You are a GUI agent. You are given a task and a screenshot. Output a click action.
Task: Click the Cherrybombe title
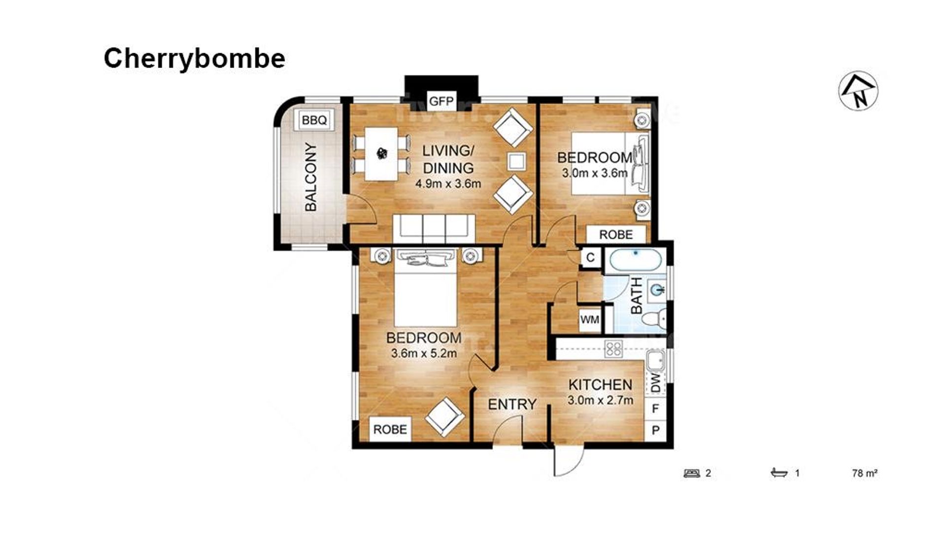(x=194, y=59)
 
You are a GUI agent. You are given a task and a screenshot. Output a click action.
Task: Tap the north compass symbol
(x=858, y=91)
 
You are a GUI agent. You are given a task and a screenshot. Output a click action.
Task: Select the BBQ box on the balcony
(x=314, y=120)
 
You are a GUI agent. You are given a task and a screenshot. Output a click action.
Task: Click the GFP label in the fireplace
(x=441, y=102)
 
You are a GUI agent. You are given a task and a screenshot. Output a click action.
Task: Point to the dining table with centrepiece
(x=381, y=154)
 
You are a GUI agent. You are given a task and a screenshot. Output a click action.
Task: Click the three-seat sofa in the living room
(x=434, y=228)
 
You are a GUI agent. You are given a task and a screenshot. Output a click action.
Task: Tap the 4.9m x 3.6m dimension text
(x=448, y=184)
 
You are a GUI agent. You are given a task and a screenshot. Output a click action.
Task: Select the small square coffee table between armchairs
(x=516, y=161)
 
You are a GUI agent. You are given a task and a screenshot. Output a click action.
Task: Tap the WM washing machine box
(x=590, y=319)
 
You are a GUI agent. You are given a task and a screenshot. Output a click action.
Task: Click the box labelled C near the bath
(x=590, y=257)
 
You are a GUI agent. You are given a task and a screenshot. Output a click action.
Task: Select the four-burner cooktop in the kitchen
(x=613, y=349)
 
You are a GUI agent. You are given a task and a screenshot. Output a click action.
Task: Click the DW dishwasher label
(x=655, y=382)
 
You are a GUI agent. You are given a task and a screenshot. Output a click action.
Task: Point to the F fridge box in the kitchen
(x=655, y=408)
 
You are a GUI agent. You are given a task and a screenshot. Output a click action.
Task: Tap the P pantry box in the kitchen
(x=655, y=430)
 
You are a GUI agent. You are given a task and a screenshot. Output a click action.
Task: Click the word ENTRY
(x=512, y=405)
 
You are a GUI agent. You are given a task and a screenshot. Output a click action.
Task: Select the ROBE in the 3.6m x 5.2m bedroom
(x=390, y=430)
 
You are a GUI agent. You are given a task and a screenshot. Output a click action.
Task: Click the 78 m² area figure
(x=865, y=473)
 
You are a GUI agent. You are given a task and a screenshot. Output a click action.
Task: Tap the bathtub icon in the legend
(x=779, y=473)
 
